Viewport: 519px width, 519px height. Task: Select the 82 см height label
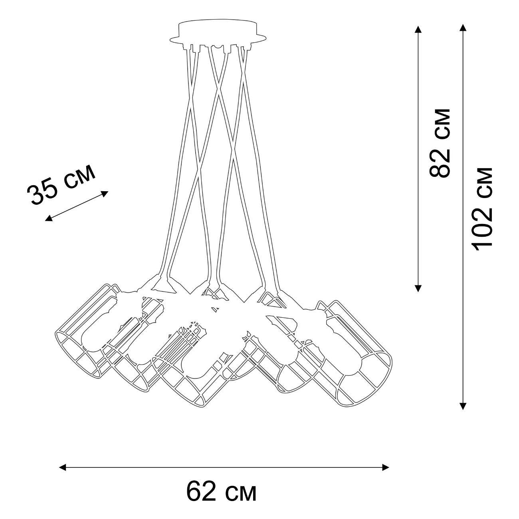point(440,143)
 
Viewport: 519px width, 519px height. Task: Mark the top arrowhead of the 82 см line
point(418,30)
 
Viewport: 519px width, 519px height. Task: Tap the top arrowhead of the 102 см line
point(463,28)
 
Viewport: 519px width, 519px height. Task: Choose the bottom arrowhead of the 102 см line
point(463,406)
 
